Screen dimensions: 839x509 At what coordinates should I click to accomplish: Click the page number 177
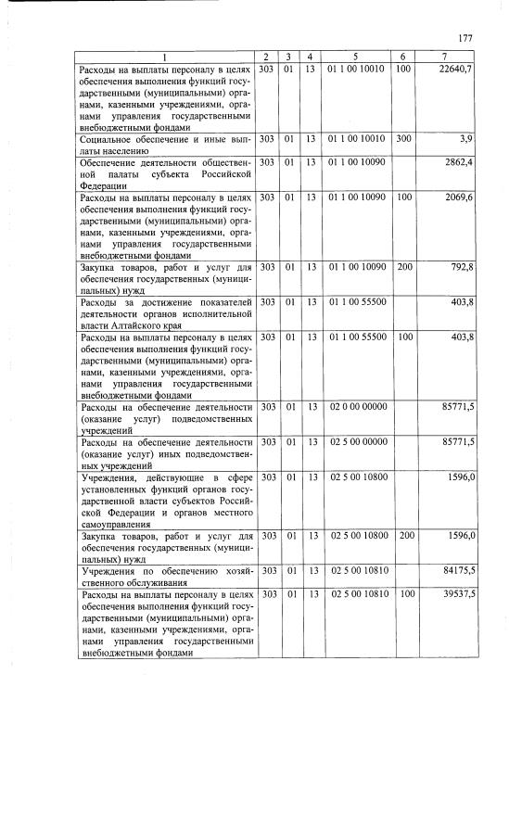(x=465, y=38)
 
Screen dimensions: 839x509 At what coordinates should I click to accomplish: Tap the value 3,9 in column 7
(x=466, y=138)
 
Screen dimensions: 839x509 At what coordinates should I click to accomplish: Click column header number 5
(x=357, y=57)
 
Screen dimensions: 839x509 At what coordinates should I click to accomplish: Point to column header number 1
(x=166, y=57)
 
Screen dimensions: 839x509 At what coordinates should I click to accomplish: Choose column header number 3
(x=289, y=57)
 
